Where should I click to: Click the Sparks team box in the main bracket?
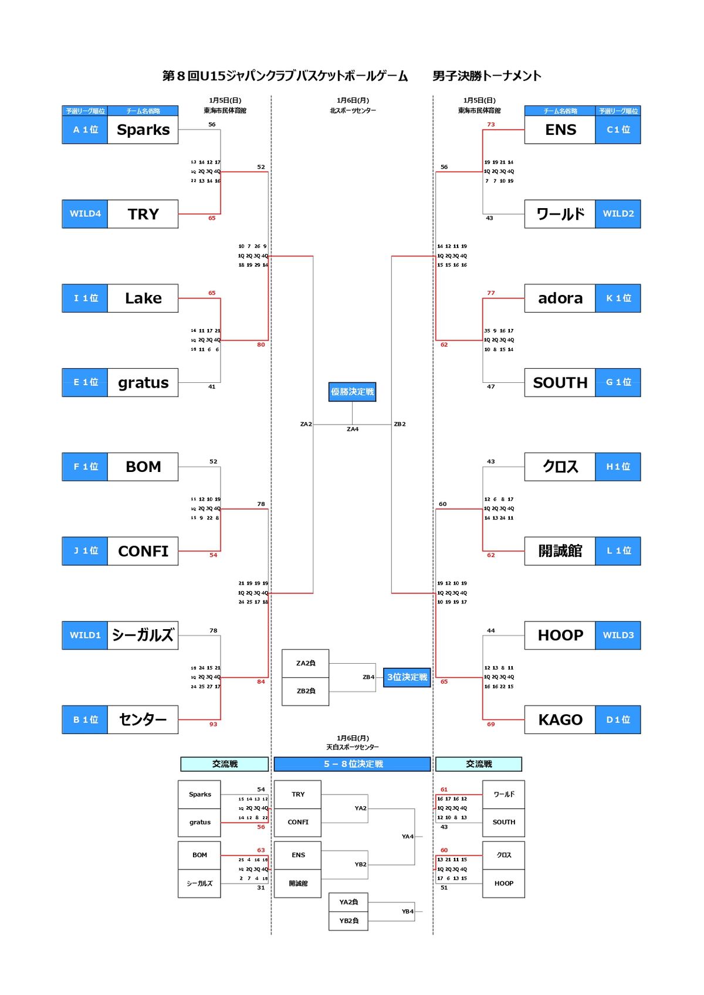[143, 130]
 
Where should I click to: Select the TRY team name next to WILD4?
[143, 214]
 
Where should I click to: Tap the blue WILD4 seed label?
[85, 214]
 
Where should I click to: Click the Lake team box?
[143, 298]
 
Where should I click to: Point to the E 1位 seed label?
[85, 382]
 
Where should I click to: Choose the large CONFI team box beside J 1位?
[143, 551]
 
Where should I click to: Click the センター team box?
[143, 719]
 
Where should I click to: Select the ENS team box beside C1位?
[560, 130]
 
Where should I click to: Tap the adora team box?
[560, 298]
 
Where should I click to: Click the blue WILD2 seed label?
[618, 214]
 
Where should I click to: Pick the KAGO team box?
[560, 719]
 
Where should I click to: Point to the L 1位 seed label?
[618, 551]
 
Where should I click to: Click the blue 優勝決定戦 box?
[352, 392]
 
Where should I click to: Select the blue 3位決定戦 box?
[407, 677]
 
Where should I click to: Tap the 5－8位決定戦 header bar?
[353, 764]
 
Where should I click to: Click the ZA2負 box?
[306, 663]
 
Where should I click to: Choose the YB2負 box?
[348, 921]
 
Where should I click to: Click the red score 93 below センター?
[213, 725]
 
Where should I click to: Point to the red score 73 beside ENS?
[491, 124]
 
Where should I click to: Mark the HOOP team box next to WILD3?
[560, 636]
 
